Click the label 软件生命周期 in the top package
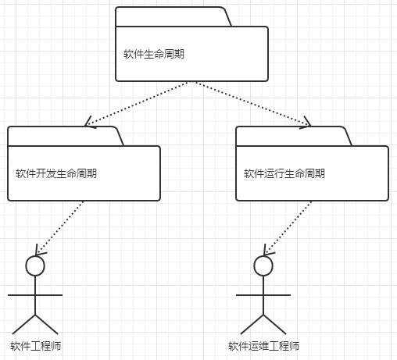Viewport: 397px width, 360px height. point(154,54)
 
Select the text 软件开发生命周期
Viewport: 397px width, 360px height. point(56,173)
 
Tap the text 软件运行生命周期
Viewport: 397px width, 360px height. point(284,173)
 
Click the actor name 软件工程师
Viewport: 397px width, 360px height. point(36,346)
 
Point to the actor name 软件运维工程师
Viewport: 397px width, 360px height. point(263,346)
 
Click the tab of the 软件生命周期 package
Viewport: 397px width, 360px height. point(173,17)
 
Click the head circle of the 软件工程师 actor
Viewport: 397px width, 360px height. point(35,266)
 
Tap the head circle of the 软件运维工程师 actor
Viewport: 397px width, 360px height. point(264,266)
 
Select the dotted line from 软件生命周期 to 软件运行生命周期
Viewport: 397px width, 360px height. point(250,102)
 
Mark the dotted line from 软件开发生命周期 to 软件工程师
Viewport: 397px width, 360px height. point(61,227)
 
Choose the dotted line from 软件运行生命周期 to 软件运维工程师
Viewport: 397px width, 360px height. point(289,227)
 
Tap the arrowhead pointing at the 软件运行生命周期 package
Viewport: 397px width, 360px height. point(305,123)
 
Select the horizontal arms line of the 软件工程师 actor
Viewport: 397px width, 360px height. point(35,296)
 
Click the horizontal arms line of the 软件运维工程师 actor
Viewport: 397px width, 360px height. point(264,296)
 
